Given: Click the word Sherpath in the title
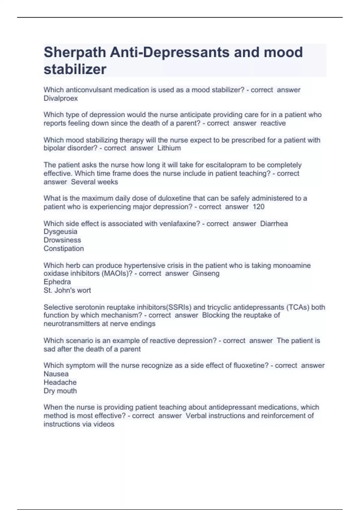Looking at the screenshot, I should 75,52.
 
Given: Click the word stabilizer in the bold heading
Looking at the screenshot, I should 75,69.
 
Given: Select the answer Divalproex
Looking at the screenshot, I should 61,98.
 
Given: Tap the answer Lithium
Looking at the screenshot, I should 169,148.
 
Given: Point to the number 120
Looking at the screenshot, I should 258,207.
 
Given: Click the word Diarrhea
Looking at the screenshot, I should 274,223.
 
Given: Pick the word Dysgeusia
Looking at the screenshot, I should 60,232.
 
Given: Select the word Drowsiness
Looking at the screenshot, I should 62,240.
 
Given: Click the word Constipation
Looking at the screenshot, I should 64,248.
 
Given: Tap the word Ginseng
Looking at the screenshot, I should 206,273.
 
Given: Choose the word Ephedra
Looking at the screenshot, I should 57,282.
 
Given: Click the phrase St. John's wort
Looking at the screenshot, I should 67,290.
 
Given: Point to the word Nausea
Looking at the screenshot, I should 56,374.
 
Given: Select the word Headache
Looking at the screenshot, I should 60,382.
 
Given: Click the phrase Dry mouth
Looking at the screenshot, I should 60,391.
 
